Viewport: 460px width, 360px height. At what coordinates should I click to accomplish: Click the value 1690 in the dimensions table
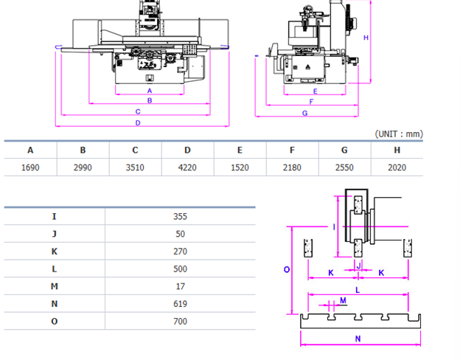(x=30, y=167)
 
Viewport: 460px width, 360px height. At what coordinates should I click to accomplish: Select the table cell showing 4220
(x=187, y=167)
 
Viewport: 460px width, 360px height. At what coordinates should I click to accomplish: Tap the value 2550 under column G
(x=344, y=167)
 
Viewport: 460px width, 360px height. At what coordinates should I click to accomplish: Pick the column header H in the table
(x=397, y=150)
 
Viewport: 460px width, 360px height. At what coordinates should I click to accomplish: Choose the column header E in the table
(x=240, y=150)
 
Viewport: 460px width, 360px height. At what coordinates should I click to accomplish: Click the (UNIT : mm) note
(x=399, y=134)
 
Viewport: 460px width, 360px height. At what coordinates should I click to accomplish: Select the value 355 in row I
(x=181, y=216)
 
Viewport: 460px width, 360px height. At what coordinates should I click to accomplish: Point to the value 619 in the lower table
(x=181, y=304)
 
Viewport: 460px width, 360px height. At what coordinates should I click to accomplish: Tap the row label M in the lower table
(x=55, y=286)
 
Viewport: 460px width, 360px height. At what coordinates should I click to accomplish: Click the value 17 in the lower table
(x=181, y=286)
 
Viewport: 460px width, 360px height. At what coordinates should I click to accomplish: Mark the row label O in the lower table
(x=55, y=321)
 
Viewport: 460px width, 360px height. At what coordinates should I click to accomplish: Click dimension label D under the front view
(x=138, y=122)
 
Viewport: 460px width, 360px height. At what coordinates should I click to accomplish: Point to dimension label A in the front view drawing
(x=150, y=90)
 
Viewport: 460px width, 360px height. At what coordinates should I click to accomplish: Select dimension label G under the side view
(x=304, y=113)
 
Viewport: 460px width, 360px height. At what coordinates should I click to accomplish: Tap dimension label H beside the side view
(x=366, y=38)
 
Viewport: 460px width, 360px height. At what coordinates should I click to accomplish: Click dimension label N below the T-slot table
(x=359, y=339)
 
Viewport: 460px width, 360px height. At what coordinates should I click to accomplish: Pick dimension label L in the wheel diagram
(x=357, y=291)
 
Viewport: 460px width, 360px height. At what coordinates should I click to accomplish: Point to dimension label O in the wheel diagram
(x=287, y=270)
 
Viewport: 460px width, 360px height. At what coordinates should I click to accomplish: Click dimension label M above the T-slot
(x=343, y=300)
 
